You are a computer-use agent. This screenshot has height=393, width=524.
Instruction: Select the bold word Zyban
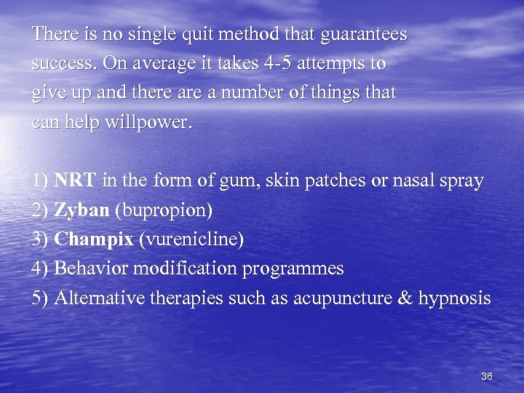(82, 210)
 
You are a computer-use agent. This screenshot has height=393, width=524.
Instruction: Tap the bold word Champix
(94, 239)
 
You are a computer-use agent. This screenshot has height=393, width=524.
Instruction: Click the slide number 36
(487, 376)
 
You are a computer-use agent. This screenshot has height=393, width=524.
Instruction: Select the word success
(64, 64)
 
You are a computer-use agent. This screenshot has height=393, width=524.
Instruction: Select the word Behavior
(89, 269)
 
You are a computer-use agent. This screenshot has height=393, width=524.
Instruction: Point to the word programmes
(293, 269)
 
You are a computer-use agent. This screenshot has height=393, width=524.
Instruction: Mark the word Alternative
(100, 298)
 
